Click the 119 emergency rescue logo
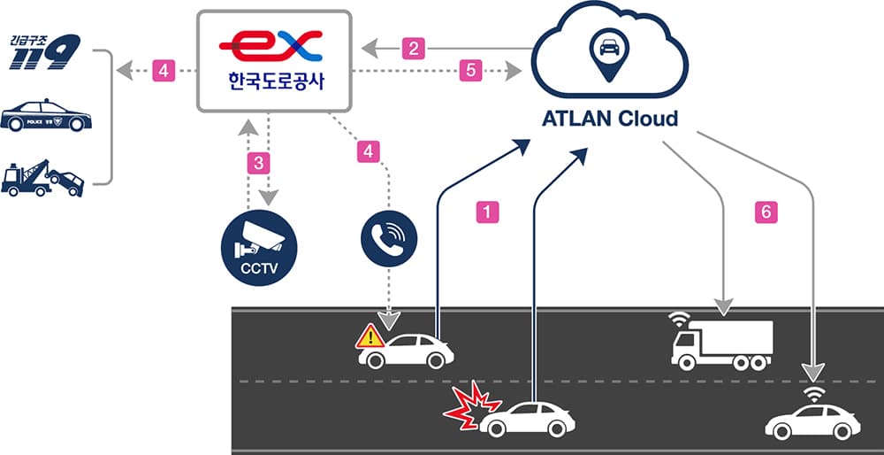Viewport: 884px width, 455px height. click(44, 52)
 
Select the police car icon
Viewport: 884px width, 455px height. click(46, 119)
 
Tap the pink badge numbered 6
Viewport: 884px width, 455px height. click(767, 212)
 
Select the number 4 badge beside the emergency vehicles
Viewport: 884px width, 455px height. click(164, 69)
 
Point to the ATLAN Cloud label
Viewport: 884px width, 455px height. click(609, 118)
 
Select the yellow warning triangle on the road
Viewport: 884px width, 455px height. click(370, 335)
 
